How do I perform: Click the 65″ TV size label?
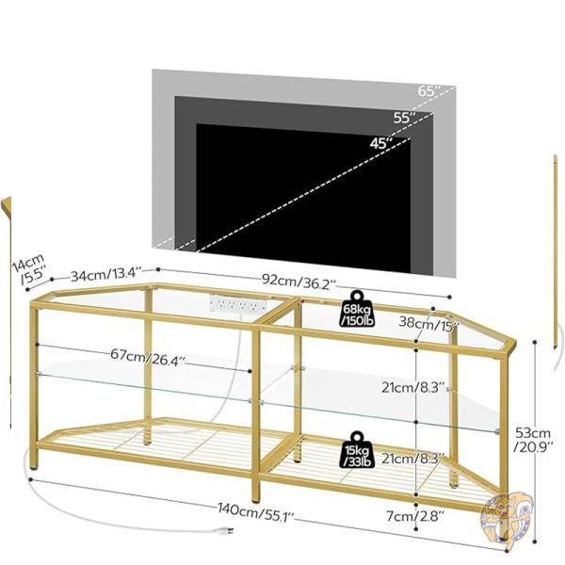[429, 90]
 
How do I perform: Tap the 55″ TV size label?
[405, 118]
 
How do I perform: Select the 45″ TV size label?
[381, 143]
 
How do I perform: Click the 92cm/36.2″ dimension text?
[299, 282]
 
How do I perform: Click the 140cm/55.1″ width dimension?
[256, 510]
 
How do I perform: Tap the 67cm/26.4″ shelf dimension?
[148, 357]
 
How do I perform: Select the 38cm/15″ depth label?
[429, 322]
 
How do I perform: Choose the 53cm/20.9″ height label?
[533, 439]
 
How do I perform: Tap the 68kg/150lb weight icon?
[358, 309]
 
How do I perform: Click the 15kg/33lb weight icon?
[357, 450]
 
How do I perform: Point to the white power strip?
[238, 304]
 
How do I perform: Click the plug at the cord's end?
[223, 530]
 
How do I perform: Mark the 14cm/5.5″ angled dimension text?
[29, 267]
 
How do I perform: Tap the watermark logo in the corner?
[506, 516]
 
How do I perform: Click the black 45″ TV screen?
[303, 198]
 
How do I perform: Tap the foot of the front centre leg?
[255, 499]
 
